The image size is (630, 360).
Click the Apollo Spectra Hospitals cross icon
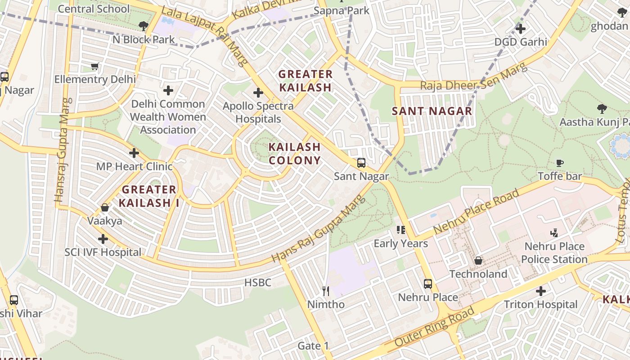pyautogui.click(x=258, y=93)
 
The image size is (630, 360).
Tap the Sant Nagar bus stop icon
pyautogui.click(x=361, y=163)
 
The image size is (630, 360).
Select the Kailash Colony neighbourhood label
pyautogui.click(x=294, y=153)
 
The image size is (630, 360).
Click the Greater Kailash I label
pyautogui.click(x=149, y=196)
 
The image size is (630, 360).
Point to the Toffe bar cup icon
pyautogui.click(x=560, y=163)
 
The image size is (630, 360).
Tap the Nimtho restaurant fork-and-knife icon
pyautogui.click(x=326, y=291)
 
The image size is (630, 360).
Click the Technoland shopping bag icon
pyautogui.click(x=478, y=261)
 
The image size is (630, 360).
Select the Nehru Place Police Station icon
pyautogui.click(x=554, y=233)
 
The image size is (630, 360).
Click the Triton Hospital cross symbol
pyautogui.click(x=541, y=291)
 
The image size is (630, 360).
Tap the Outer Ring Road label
pyautogui.click(x=434, y=327)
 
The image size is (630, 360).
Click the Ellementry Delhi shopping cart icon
pyautogui.click(x=94, y=67)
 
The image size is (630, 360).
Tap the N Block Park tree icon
pyautogui.click(x=144, y=26)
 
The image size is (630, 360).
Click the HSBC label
pyautogui.click(x=257, y=283)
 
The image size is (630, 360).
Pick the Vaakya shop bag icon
pyautogui.click(x=105, y=207)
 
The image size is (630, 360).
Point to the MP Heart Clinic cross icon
pyautogui.click(x=134, y=153)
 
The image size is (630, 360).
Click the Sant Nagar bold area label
pyautogui.click(x=432, y=111)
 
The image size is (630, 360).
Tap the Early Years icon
pyautogui.click(x=401, y=230)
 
